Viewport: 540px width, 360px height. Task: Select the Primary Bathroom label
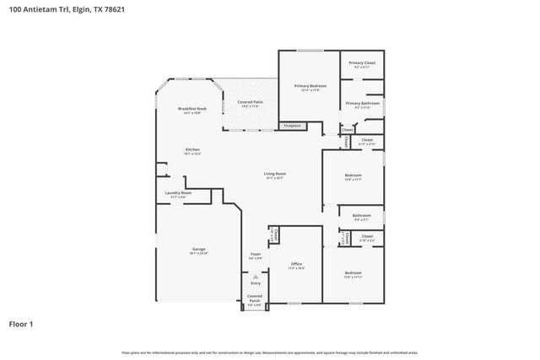[363, 105]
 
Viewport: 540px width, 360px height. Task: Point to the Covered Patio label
[251, 104]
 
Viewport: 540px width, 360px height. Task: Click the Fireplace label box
[292, 126]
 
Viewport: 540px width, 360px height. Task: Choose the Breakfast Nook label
[189, 110]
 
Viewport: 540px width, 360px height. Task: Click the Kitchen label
[192, 151]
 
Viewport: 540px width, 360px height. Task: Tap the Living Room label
[274, 175]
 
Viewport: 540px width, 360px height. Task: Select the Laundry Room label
[178, 194]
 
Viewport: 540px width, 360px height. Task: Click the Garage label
[198, 250]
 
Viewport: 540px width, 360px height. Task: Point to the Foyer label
[255, 255]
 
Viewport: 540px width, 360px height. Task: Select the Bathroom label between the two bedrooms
[362, 216]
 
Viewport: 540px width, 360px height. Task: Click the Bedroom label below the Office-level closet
[353, 274]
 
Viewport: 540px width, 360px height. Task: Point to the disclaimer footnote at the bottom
[270, 352]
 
